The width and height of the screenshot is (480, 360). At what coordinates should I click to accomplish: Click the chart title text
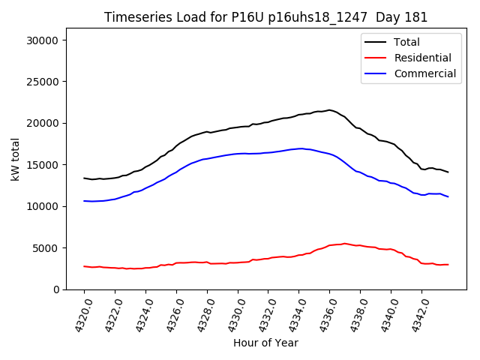coord(265,17)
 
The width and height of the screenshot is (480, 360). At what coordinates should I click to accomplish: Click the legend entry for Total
coord(406,42)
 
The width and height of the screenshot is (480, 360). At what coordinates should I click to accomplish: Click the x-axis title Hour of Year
coord(265,343)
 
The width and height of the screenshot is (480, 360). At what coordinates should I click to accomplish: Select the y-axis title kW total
coord(15,163)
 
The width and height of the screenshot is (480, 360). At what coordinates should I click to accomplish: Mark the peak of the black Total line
coord(328,110)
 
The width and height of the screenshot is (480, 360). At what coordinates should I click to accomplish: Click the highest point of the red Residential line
coord(344,244)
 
